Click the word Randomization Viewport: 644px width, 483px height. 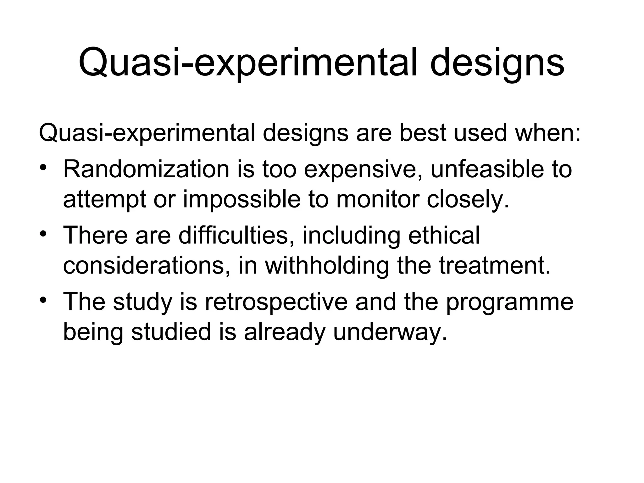tap(146, 169)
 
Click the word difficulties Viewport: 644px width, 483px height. tap(233, 235)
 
